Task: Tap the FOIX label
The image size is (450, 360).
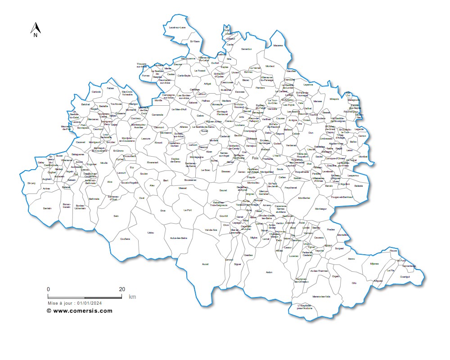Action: pos(255,158)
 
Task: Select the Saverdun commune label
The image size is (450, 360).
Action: pos(247,49)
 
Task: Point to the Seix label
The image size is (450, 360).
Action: pos(116,216)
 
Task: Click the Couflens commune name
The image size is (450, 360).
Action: pos(125,239)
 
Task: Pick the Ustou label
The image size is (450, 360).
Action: pos(151,233)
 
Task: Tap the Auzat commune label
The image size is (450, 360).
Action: pos(205,264)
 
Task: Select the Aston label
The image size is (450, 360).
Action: pos(269,272)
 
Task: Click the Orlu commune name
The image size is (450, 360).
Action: pos(354,283)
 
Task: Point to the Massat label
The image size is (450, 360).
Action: pos(183,188)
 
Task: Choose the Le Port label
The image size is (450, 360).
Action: pos(188,210)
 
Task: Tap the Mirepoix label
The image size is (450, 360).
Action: pos(334,99)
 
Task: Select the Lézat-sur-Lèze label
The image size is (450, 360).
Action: pos(177,27)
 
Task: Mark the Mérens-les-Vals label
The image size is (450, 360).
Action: pos(321,297)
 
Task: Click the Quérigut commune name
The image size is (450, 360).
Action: pos(405,277)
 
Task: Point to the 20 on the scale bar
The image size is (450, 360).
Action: pos(122,289)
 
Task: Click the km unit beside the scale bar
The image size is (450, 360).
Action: pos(132,297)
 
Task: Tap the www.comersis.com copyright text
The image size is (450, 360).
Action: pos(80,310)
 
